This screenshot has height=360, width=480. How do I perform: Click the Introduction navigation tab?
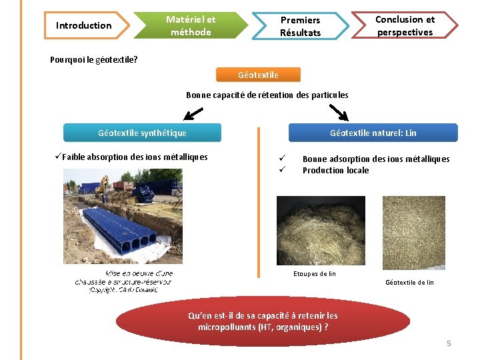click(x=83, y=26)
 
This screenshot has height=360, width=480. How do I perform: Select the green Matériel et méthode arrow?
click(x=191, y=26)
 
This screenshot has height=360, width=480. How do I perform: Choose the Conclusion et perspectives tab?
click(x=405, y=26)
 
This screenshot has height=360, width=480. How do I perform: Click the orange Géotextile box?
click(x=259, y=75)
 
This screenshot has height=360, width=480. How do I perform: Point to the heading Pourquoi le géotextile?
click(x=94, y=59)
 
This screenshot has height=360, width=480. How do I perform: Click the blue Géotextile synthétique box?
click(x=142, y=133)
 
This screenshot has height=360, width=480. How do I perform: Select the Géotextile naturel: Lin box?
click(x=373, y=133)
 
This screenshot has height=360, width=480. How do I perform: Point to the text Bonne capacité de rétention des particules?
click(x=267, y=95)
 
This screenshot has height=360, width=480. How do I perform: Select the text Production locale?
click(x=335, y=170)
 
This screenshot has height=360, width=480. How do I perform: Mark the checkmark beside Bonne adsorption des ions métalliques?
click(x=282, y=159)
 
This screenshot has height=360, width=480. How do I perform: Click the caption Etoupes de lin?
click(x=315, y=273)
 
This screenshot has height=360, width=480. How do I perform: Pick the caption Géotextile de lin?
click(x=409, y=282)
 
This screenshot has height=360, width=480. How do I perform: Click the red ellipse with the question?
click(x=267, y=321)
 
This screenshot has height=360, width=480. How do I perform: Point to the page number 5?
click(x=449, y=343)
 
